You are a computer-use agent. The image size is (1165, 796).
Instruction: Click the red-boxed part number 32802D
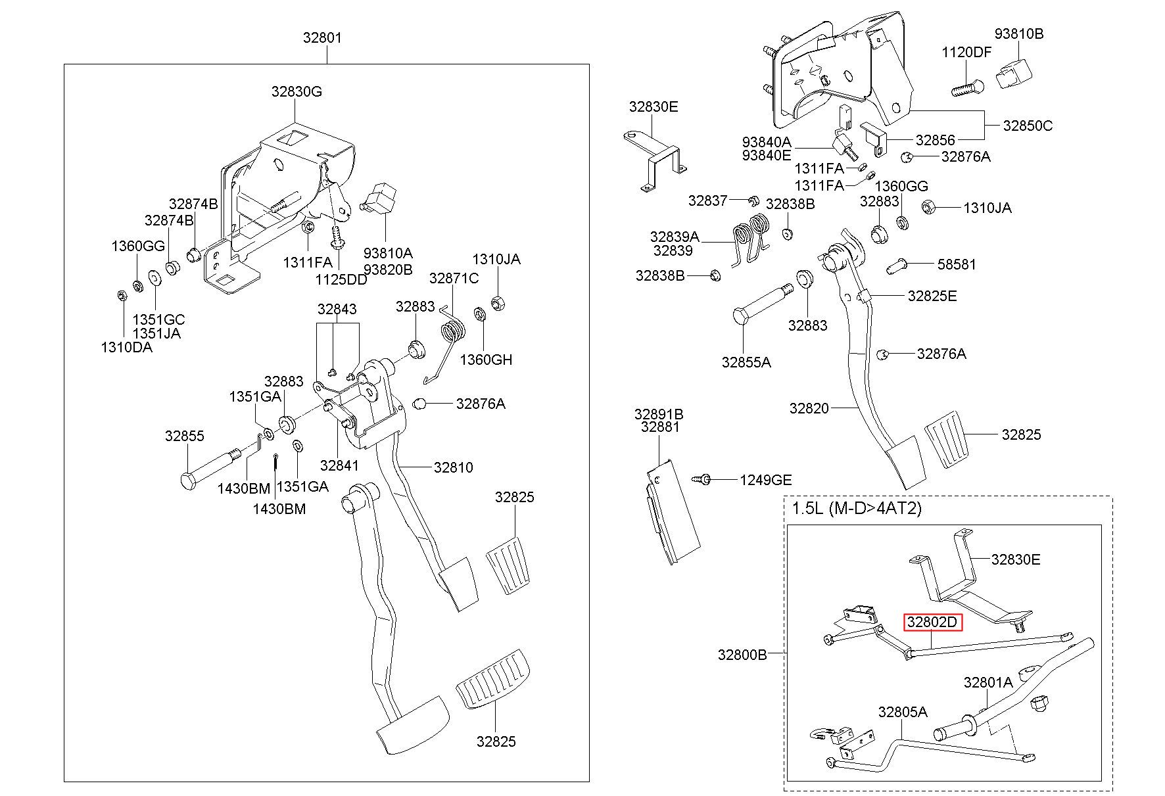coord(933,622)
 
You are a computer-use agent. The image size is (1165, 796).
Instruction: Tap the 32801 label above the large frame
coord(322,38)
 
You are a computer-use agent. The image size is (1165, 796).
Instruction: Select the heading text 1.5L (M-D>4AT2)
coord(857,507)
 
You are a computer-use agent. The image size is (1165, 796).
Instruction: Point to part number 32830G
coord(297,92)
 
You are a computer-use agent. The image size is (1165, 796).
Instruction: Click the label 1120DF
coord(966,53)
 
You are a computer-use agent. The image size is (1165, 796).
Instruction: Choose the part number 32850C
coord(1028,125)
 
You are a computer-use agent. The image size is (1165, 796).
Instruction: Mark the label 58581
coord(957,264)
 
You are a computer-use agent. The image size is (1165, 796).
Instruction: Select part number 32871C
coord(454,278)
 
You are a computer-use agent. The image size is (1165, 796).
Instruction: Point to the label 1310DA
coord(126,347)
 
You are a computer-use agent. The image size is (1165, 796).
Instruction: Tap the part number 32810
coord(453,467)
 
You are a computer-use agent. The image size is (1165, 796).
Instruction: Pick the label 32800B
coord(742,655)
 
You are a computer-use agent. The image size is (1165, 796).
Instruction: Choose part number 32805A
coord(903,712)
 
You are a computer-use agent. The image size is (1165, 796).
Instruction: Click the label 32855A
coord(746,362)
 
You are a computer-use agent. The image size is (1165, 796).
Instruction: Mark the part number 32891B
coord(659,414)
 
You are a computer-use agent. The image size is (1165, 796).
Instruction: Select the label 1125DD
coord(341,279)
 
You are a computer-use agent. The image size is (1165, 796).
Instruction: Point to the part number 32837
coord(707,200)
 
